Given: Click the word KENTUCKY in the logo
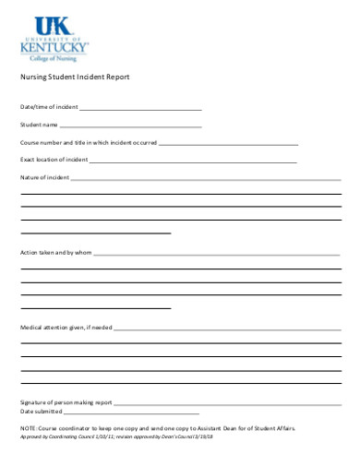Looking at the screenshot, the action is (x=54, y=43).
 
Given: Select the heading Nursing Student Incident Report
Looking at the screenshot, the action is (x=75, y=77).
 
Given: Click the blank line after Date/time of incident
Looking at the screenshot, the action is (x=140, y=109).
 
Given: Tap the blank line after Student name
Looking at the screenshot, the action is (x=130, y=125).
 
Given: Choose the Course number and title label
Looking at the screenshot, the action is (x=89, y=142).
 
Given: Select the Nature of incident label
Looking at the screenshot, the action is (x=44, y=176).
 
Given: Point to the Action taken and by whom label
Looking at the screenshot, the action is (x=56, y=252).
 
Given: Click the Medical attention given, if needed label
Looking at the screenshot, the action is (x=66, y=328).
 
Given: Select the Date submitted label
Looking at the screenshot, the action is (x=42, y=412).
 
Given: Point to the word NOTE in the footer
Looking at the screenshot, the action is (x=28, y=429).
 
